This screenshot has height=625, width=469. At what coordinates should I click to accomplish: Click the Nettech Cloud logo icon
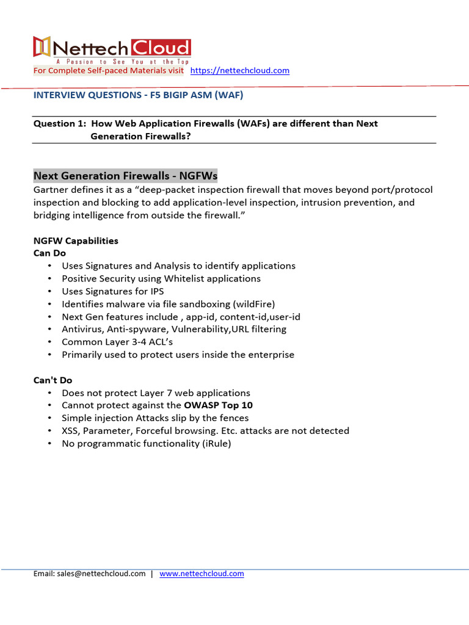tap(42, 47)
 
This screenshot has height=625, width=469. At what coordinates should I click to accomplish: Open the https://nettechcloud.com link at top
tap(240, 71)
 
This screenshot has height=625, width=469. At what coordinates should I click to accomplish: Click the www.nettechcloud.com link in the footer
tap(202, 574)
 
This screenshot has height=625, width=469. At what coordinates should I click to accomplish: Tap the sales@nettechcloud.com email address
tap(101, 574)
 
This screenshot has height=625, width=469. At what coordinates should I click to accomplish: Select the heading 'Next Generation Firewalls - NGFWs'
tap(125, 176)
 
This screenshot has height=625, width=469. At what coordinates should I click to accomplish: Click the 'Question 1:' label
tap(59, 123)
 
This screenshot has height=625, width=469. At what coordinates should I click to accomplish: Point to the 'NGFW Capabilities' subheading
tap(76, 240)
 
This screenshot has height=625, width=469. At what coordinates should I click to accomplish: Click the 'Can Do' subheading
tap(49, 253)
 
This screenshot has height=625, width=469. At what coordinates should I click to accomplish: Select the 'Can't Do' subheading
tap(53, 380)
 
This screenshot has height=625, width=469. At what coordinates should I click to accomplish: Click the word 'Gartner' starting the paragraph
tap(51, 190)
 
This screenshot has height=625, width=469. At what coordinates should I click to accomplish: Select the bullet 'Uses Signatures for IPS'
tap(112, 291)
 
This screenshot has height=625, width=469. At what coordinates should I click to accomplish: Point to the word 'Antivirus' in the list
tap(82, 329)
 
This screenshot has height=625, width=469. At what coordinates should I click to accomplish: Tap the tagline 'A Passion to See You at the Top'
tap(122, 62)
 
